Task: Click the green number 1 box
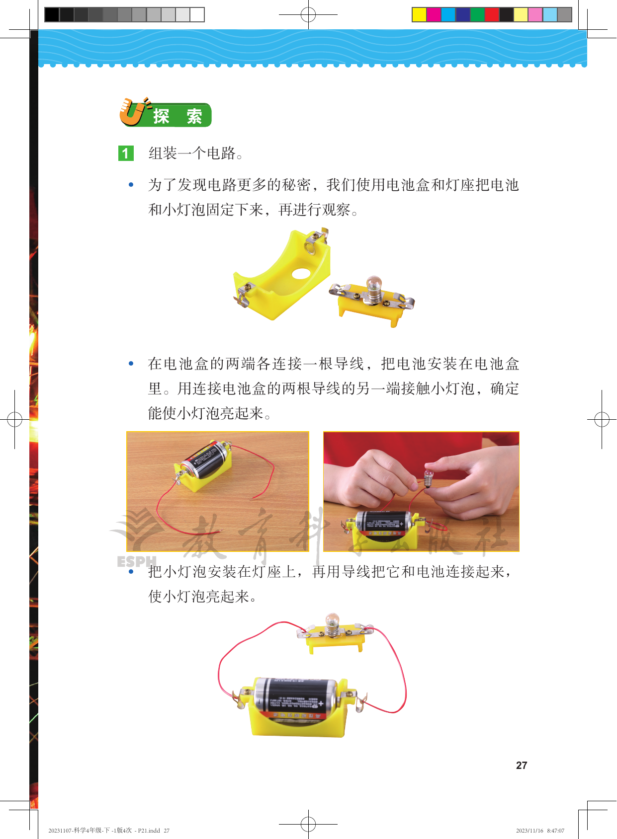click(x=126, y=153)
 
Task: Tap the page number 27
click(x=522, y=765)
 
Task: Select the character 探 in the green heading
click(x=161, y=116)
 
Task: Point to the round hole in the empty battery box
click(x=301, y=273)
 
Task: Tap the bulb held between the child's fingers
click(x=428, y=476)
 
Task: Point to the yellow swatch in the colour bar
click(x=419, y=14)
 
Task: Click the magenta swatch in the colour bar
click(x=434, y=14)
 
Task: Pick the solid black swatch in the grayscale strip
click(x=52, y=14)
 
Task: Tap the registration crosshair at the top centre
click(x=308, y=14)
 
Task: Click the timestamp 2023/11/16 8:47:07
click(x=540, y=831)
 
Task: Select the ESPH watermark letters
click(x=136, y=561)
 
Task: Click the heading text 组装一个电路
click(x=191, y=153)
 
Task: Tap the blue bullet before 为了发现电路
click(x=131, y=185)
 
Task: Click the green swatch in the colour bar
click(x=477, y=14)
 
